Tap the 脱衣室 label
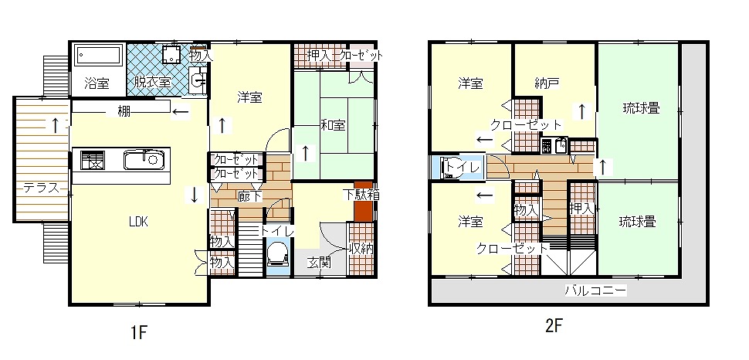pyautogui.click(x=152, y=82)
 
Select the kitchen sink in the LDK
pyautogui.click(x=144, y=160)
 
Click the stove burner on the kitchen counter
pyautogui.click(x=92, y=160)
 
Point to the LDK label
pyautogui.click(x=138, y=222)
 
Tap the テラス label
pyautogui.click(x=42, y=188)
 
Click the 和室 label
pyautogui.click(x=333, y=125)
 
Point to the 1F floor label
pyautogui.click(x=138, y=332)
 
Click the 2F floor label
pyautogui.click(x=554, y=326)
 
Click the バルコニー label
pyautogui.click(x=595, y=290)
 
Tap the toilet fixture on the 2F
pyautogui.click(x=452, y=168)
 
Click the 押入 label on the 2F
pyautogui.click(x=581, y=209)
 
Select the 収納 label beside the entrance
pyautogui.click(x=361, y=249)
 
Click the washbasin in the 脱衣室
pyautogui.click(x=198, y=79)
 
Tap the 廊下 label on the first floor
pyautogui.click(x=250, y=196)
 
